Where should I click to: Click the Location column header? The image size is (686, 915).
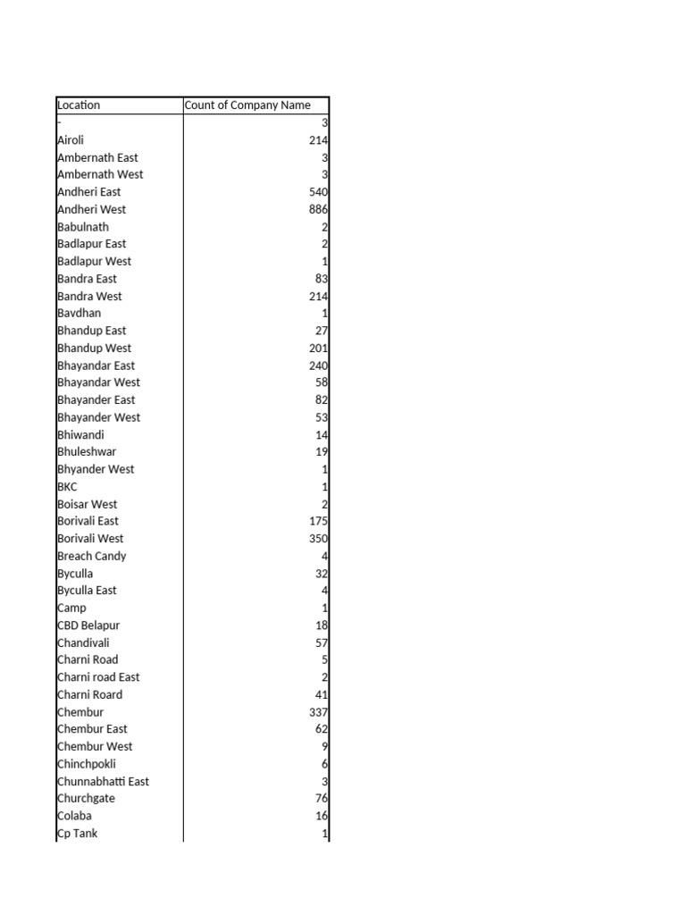point(79,105)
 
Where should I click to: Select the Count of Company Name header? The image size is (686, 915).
point(247,105)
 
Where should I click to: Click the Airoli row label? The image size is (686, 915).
point(71,140)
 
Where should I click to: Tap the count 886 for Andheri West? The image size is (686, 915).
point(319,209)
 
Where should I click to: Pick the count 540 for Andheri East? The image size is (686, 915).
point(319,192)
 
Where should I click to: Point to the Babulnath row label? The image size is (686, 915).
point(83,227)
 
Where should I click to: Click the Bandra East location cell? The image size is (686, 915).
point(87,279)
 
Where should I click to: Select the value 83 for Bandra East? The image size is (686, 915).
point(322,279)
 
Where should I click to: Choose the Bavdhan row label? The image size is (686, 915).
point(79,314)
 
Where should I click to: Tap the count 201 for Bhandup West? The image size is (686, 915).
point(319,348)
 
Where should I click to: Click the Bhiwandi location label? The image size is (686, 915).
point(80,435)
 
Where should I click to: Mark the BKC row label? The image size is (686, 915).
point(67,487)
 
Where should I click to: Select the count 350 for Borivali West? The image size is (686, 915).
point(319,539)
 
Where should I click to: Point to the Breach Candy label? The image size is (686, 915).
point(92,556)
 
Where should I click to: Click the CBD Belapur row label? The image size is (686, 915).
point(88,625)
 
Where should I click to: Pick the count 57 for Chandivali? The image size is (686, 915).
point(322,642)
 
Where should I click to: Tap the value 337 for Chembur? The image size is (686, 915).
point(319,712)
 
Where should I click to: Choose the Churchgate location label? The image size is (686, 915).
point(86,799)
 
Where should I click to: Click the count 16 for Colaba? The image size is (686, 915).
point(322,816)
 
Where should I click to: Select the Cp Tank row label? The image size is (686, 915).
point(78,834)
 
